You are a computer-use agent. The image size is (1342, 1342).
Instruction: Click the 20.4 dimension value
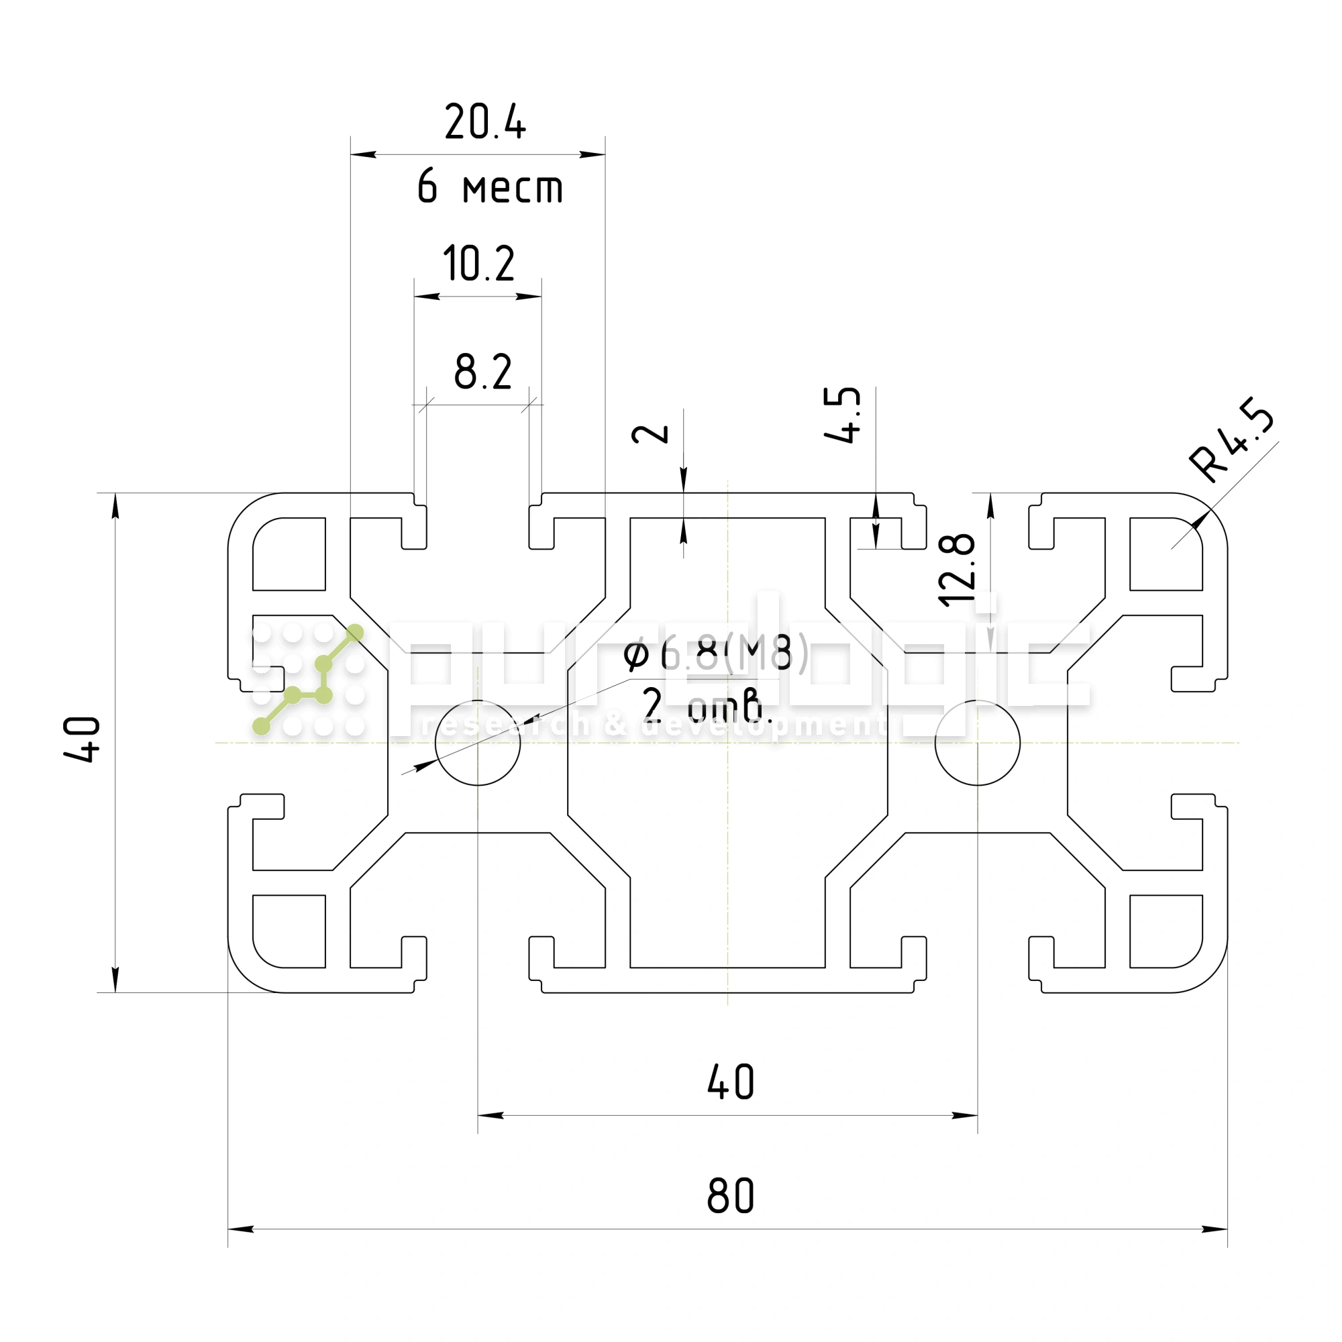485,122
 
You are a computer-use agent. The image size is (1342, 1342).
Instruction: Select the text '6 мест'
490,188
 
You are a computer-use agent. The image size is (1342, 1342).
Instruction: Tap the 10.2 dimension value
478,264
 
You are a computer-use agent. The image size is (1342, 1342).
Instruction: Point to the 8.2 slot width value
482,372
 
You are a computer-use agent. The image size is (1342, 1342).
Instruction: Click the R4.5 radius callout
1231,439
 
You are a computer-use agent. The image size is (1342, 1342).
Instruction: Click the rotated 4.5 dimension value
842,415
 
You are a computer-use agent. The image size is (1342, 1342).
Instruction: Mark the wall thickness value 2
650,434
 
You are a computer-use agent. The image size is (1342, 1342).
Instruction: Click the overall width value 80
730,1197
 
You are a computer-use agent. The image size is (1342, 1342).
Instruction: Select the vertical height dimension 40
83,739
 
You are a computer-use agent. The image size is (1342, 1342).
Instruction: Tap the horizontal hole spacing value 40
730,1082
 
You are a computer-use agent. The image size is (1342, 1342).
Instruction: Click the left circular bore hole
478,743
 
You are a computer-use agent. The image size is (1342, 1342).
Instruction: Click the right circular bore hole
978,743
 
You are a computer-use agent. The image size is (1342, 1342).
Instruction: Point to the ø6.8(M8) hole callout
715,653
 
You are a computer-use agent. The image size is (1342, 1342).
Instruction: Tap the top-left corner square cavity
290,554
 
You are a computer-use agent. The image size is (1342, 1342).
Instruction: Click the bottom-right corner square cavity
1166,931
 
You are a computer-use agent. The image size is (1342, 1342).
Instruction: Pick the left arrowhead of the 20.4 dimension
362,154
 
